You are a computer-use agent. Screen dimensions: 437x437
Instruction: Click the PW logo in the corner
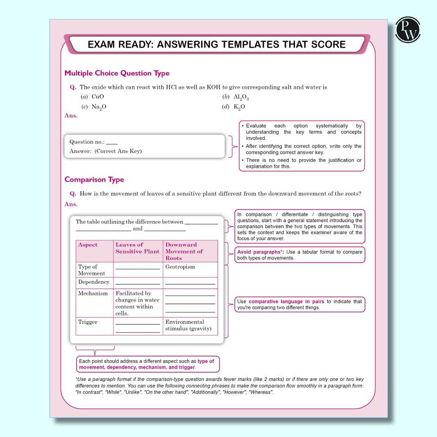(x=407, y=30)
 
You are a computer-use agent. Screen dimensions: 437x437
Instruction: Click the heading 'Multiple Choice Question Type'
(x=117, y=73)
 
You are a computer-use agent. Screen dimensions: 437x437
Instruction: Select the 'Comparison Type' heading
(x=94, y=179)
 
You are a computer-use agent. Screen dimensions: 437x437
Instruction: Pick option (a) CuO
(x=94, y=97)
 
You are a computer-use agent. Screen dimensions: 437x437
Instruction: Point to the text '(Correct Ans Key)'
(x=118, y=151)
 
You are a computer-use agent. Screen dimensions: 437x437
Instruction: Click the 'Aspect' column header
(x=88, y=245)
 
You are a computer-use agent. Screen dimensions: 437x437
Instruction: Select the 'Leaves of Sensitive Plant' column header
(x=137, y=248)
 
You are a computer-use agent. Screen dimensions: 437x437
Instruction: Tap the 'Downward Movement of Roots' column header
(x=184, y=251)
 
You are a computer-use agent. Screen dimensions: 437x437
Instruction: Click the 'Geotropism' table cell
(x=180, y=267)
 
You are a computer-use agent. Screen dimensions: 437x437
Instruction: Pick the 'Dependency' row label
(x=94, y=282)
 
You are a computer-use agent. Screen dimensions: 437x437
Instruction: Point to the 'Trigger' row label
(x=88, y=322)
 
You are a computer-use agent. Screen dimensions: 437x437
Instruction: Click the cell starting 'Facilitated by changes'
(x=137, y=303)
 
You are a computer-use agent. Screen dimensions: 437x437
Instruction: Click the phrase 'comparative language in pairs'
(x=286, y=301)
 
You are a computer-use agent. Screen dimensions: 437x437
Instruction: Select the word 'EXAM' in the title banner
(x=101, y=45)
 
